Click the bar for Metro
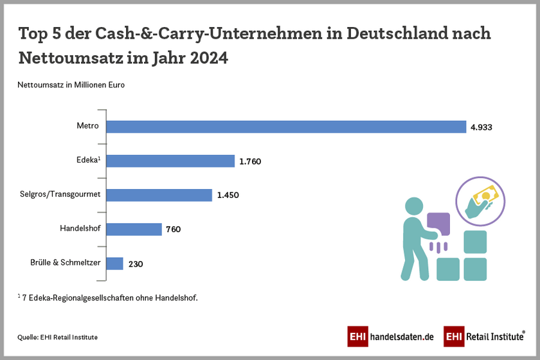coord(286,127)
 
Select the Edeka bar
coord(170,161)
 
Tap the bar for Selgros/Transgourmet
coord(159,195)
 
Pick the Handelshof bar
coord(134,229)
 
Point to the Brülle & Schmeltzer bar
coord(114,263)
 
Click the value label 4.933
coord(482,127)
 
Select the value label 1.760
coord(250,161)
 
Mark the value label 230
coord(135,264)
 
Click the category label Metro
coord(87,126)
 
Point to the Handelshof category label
coord(78,228)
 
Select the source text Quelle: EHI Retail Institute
coord(57,336)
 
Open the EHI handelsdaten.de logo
coord(391,336)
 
